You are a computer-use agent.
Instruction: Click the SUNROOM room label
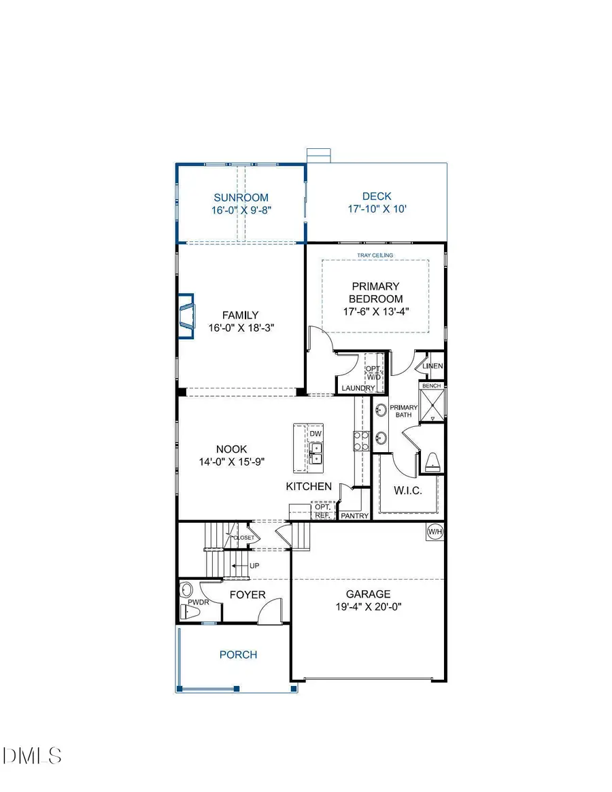coord(239,198)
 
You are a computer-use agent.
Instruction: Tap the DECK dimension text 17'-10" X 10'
coord(376,209)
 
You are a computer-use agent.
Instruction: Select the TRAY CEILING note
coord(375,255)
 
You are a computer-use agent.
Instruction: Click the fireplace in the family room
coord(186,315)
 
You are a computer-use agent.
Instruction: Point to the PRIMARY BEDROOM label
coord(375,292)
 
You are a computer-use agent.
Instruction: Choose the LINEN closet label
coord(432,366)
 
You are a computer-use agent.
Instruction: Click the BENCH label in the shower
coord(432,385)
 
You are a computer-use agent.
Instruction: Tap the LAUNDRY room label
coord(358,388)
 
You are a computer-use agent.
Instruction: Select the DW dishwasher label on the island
coord(315,434)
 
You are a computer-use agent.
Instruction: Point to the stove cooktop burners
coord(360,441)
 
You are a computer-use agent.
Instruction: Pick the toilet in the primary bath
coord(432,463)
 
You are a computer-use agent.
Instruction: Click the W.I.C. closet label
coord(408,489)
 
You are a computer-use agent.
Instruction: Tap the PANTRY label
coord(355,516)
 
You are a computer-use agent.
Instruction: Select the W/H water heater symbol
coord(435,531)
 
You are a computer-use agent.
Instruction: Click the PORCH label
coord(238,655)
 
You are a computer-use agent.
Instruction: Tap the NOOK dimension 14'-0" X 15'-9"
coord(231,461)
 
